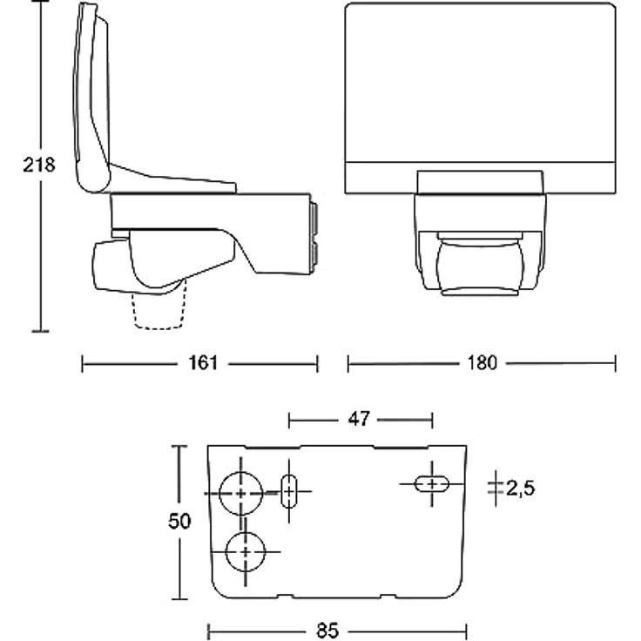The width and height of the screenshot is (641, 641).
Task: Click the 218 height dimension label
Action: [39, 165]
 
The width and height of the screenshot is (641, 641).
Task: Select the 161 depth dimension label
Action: [203, 363]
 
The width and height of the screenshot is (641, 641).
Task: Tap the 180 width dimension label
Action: [482, 363]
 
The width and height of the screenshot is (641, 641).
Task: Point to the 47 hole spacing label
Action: [359, 419]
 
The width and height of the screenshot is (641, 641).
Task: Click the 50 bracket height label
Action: [179, 521]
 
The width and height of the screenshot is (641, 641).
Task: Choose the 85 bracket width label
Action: [327, 631]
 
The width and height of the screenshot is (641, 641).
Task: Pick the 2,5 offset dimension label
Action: [520, 488]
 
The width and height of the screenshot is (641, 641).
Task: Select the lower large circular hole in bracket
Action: [246, 552]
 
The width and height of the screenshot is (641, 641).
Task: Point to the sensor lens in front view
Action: [480, 267]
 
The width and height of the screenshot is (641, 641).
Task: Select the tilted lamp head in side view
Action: [92, 98]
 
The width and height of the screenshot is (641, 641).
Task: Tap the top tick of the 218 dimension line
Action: [40, 1]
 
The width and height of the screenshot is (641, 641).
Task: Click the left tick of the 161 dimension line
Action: [82, 363]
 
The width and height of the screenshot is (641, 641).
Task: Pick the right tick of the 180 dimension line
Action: [615, 363]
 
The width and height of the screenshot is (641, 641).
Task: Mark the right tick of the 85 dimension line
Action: [467, 631]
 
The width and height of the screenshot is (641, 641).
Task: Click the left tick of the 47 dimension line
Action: [289, 421]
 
